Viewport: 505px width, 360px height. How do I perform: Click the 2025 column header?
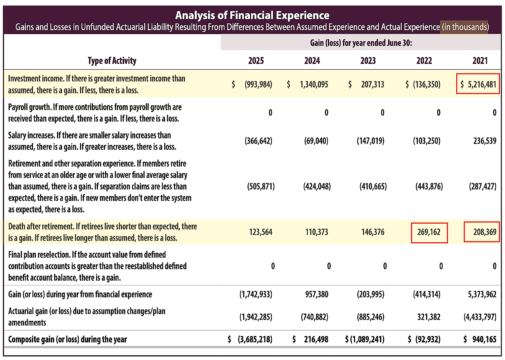point(256,61)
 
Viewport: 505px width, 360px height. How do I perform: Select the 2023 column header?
point(368,61)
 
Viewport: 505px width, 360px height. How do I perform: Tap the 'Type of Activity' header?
point(112,61)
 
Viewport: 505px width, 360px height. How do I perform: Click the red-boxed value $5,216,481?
point(478,84)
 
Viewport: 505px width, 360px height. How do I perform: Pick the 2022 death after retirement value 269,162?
point(429,232)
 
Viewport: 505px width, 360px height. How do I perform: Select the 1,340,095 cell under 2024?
point(314,84)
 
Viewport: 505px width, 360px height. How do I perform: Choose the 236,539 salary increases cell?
point(485,141)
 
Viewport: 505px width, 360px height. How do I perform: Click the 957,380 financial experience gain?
point(317,294)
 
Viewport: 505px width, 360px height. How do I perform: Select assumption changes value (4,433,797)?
point(480,317)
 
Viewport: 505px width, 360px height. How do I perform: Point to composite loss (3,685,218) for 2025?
point(255,340)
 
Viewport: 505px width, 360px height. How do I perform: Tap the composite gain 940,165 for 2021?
point(485,340)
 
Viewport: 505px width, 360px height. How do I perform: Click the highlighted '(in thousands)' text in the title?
point(465,27)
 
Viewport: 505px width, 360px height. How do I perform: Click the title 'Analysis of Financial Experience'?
point(252,15)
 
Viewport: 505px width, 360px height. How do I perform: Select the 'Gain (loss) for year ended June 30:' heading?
point(361,43)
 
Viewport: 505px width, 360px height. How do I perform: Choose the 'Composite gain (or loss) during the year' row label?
point(68,340)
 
